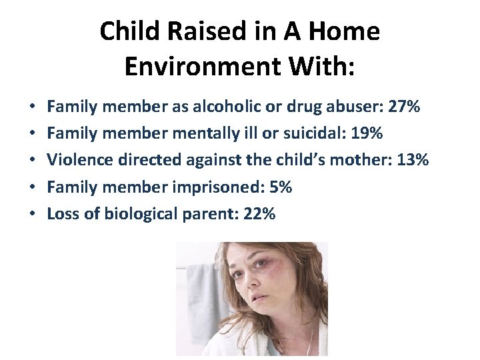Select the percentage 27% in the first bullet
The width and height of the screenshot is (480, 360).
[404, 106]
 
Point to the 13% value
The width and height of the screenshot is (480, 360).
[413, 160]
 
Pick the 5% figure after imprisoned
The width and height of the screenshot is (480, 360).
[279, 187]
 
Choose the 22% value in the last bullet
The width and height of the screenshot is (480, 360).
[259, 214]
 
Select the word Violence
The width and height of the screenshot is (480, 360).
[77, 160]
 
